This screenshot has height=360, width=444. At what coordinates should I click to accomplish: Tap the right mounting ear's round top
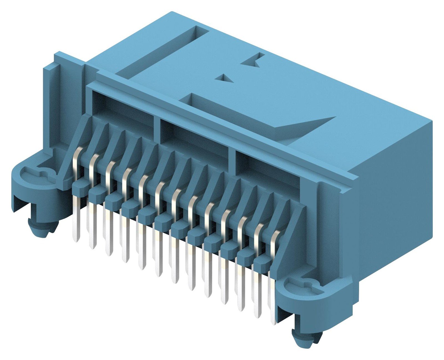(x=302, y=286)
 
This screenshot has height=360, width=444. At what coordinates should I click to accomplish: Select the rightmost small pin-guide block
(x=262, y=260)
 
